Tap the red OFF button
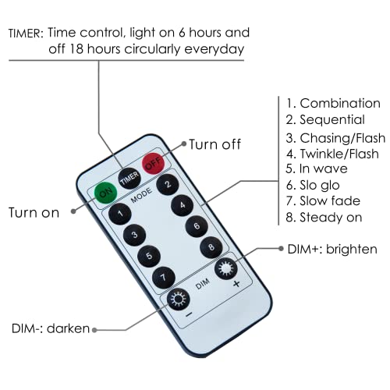click(x=154, y=164)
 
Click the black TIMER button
click(x=129, y=179)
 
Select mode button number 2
click(x=168, y=184)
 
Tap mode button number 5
click(x=149, y=256)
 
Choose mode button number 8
click(x=211, y=247)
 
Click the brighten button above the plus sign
click(x=226, y=268)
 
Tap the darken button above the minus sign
click(x=179, y=300)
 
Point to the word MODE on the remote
click(x=141, y=196)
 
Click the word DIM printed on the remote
click(x=203, y=284)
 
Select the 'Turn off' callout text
click(x=214, y=144)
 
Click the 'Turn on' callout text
click(x=34, y=213)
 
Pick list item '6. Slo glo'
click(x=313, y=185)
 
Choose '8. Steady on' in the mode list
click(x=324, y=218)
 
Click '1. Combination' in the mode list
click(x=333, y=104)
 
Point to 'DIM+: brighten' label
click(x=332, y=249)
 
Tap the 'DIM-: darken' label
click(x=51, y=328)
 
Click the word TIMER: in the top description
click(x=26, y=34)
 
